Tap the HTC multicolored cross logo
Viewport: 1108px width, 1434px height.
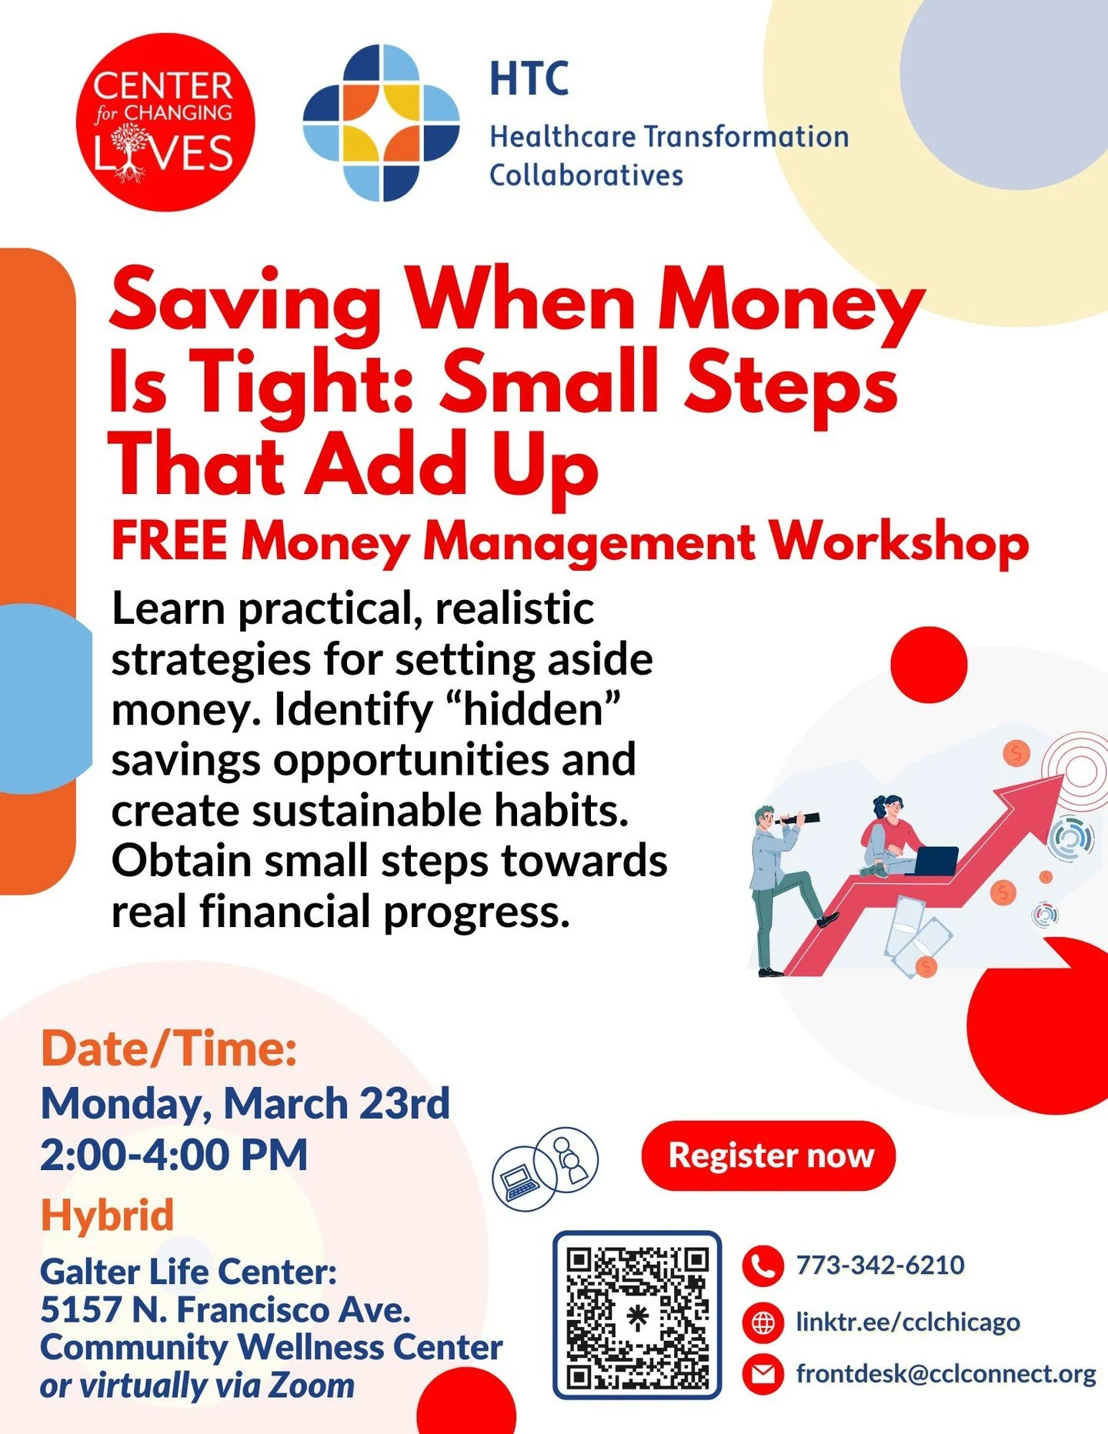[x=381, y=123]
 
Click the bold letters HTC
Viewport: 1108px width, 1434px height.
[x=529, y=78]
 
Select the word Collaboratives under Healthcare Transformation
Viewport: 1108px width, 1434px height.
[x=586, y=175]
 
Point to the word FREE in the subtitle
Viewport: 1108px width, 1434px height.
[x=169, y=542]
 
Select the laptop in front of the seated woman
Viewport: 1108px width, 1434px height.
[x=934, y=860]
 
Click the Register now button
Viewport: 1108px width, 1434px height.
[x=769, y=1156]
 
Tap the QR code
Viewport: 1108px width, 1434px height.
[x=637, y=1318]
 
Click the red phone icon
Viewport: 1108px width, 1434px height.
[x=763, y=1266]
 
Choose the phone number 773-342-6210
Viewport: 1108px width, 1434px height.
[x=880, y=1266]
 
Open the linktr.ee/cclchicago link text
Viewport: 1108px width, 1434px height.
[x=908, y=1322]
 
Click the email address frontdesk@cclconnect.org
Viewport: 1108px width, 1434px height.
[x=946, y=1374]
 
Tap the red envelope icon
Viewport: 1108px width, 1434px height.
[x=763, y=1374]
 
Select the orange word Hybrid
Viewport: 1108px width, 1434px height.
[x=108, y=1216]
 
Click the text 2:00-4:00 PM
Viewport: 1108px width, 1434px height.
[x=174, y=1155]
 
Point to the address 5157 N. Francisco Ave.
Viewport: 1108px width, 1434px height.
[x=225, y=1309]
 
